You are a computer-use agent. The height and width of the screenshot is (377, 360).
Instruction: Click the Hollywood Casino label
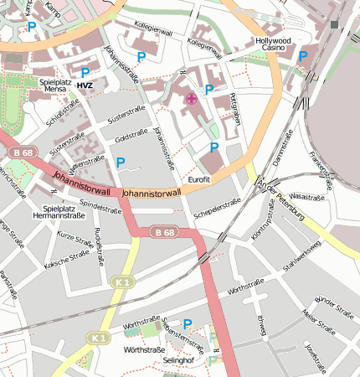coord(273,45)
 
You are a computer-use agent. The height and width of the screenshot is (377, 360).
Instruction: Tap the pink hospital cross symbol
coord(191,98)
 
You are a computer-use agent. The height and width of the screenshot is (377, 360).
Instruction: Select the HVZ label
coord(85,85)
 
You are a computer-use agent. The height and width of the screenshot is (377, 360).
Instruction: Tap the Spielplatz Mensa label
coord(57,88)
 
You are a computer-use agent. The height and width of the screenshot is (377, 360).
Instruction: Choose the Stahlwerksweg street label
coord(301,256)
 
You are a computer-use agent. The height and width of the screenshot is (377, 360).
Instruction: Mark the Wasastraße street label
coord(306,197)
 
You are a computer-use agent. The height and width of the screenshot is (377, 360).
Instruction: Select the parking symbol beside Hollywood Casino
coord(302,56)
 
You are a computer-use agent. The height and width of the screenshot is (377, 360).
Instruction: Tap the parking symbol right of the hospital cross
coord(209,89)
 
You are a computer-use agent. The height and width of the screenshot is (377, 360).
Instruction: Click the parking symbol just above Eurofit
coord(213,147)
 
